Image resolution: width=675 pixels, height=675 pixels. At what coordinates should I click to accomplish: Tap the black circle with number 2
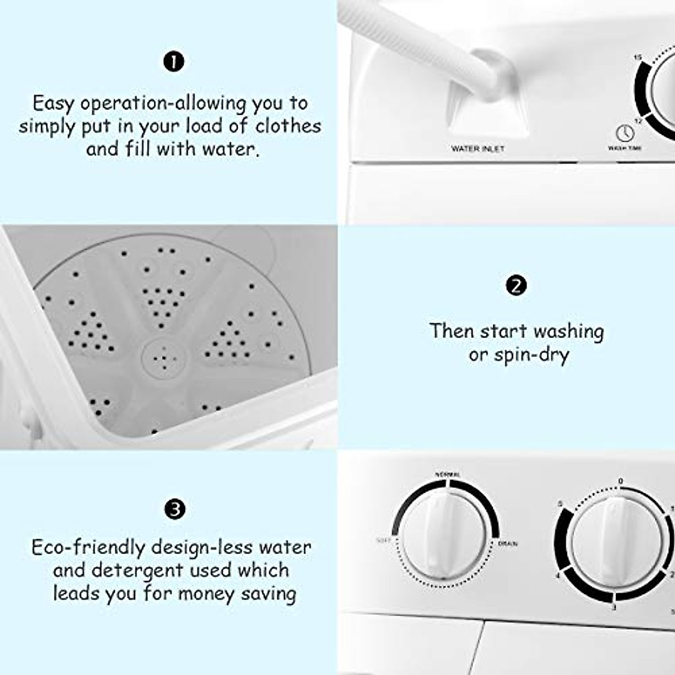pyautogui.click(x=516, y=286)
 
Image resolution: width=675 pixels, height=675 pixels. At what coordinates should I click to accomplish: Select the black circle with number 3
pyautogui.click(x=174, y=510)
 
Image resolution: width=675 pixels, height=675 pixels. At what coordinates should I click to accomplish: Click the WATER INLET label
pyautogui.click(x=478, y=149)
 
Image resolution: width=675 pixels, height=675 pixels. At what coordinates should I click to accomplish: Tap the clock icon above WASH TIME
pyautogui.click(x=625, y=133)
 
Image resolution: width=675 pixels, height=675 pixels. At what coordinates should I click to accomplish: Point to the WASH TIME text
pyautogui.click(x=624, y=148)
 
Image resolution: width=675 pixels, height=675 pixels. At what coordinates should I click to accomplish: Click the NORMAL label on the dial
pyautogui.click(x=448, y=475)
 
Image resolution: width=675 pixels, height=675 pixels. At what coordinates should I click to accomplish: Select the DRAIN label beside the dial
pyautogui.click(x=507, y=544)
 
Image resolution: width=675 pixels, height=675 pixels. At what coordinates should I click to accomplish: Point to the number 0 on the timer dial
pyautogui.click(x=620, y=481)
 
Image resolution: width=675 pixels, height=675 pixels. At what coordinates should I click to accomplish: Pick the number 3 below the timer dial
pyautogui.click(x=614, y=608)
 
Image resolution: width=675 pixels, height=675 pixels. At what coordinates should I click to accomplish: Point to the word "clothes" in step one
pyautogui.click(x=288, y=126)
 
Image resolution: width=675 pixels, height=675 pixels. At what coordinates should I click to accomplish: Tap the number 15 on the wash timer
pyautogui.click(x=637, y=57)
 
